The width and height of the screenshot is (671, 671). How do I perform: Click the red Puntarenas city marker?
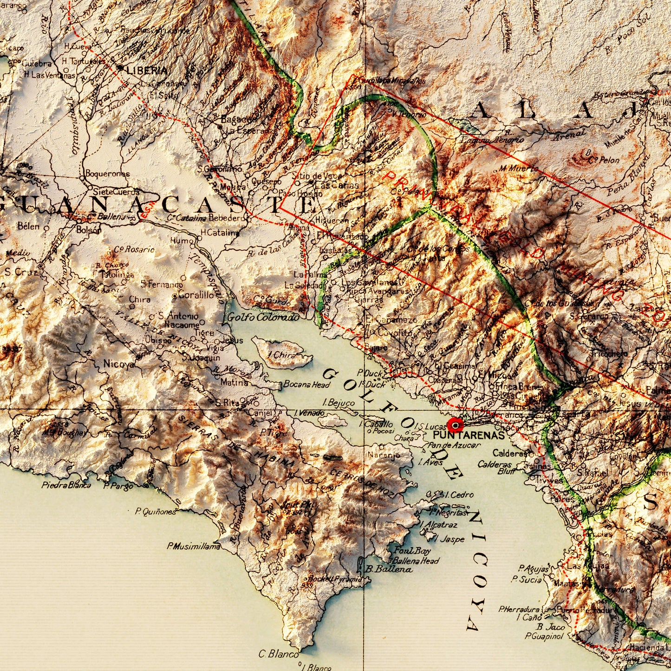pyautogui.click(x=456, y=425)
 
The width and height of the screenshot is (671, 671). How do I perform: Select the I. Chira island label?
pyautogui.click(x=281, y=355)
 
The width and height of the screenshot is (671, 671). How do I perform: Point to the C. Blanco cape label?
pyautogui.click(x=279, y=654)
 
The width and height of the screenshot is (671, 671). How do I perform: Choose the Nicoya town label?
pyautogui.click(x=119, y=364)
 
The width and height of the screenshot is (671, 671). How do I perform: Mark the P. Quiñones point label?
pyautogui.click(x=156, y=512)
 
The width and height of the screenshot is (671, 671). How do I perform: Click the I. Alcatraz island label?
pyautogui.click(x=439, y=525)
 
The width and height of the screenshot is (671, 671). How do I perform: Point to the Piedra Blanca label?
pyautogui.click(x=66, y=485)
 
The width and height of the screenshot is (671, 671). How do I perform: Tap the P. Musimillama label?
pyautogui.click(x=194, y=547)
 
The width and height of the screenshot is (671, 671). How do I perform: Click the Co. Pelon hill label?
pyautogui.click(x=604, y=160)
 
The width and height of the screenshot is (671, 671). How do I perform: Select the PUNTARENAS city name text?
pyautogui.click(x=469, y=436)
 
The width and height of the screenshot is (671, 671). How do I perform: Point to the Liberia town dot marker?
pyautogui.click(x=120, y=68)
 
